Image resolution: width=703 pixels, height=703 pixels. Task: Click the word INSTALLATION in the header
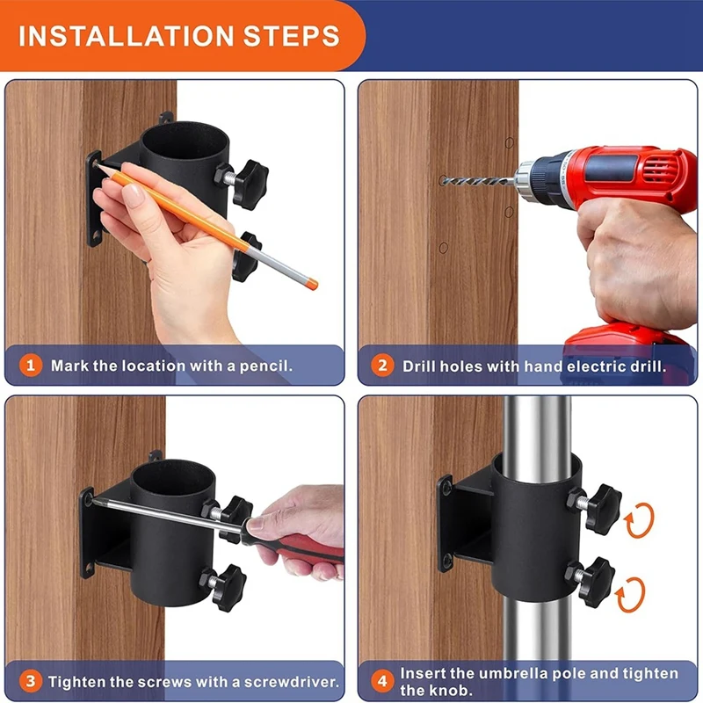point(126,36)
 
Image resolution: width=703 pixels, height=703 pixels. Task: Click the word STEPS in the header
point(292,36)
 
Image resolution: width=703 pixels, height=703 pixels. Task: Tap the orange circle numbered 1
point(31,366)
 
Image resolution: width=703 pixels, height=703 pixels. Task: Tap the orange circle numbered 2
point(382,366)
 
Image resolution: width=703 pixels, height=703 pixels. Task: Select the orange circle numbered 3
point(31,682)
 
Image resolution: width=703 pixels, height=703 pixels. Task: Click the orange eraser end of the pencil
point(312,284)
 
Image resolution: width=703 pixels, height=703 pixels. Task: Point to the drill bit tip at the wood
point(442,180)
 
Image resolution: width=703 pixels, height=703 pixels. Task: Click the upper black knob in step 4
point(603,509)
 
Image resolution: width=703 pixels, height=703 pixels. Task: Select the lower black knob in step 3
point(229,588)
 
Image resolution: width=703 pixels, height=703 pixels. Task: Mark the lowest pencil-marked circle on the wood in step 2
point(444,248)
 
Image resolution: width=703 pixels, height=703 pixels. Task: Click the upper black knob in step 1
point(250,185)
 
